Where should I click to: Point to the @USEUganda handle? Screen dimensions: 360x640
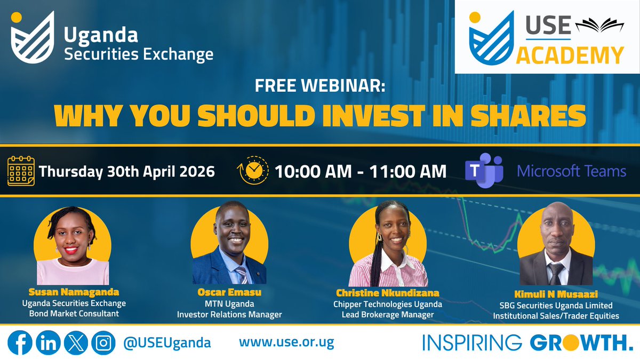click(166, 342)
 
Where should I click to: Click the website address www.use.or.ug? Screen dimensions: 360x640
click(286, 342)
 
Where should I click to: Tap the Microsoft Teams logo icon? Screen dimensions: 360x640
click(483, 171)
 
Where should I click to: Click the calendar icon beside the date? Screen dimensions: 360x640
click(22, 171)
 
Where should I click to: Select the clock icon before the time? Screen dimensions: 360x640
click(253, 171)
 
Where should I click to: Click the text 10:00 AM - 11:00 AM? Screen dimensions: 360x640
click(361, 171)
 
